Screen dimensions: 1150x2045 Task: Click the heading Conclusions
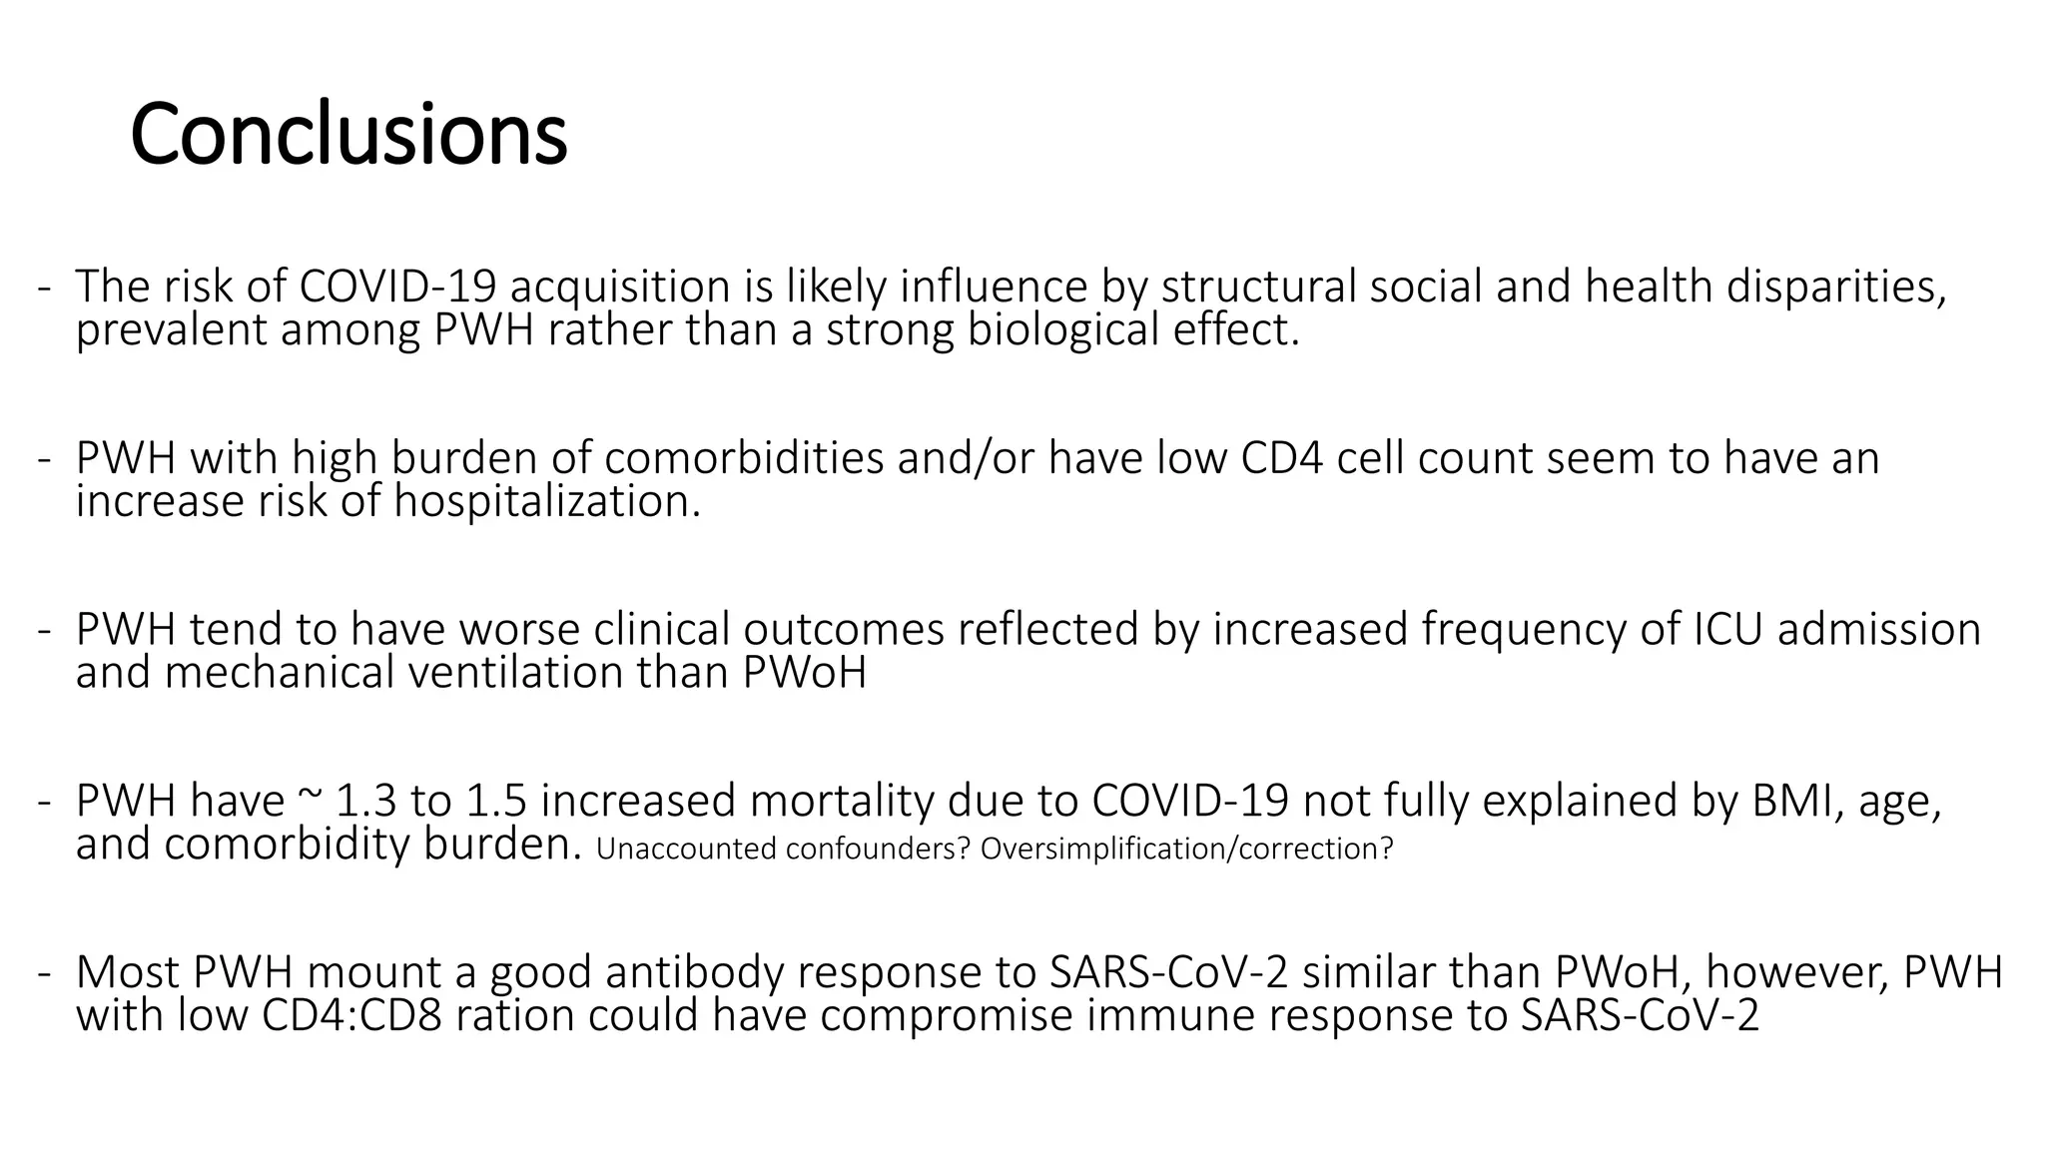pos(348,135)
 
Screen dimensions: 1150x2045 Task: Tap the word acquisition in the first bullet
pos(620,287)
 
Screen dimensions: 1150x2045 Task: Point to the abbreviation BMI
pos(1793,802)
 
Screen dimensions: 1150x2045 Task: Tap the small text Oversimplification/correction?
pos(1186,849)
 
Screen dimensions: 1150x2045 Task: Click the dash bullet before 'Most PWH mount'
pos(43,973)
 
